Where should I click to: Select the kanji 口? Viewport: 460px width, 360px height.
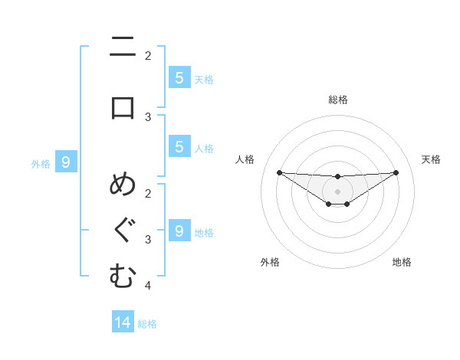tap(123, 107)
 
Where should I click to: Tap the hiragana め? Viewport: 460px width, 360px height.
tap(123, 186)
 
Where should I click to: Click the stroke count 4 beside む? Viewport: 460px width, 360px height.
tap(148, 286)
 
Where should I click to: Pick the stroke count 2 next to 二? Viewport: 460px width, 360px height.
tap(148, 55)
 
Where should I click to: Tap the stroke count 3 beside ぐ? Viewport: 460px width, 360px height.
tap(148, 240)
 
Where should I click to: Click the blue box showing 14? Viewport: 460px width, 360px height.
tap(123, 322)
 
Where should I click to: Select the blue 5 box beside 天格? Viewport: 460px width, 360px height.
tap(179, 77)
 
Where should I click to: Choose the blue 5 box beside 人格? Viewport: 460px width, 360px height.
tap(179, 148)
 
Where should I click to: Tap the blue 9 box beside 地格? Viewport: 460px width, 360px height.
tap(179, 231)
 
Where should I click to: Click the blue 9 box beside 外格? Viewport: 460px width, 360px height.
tap(66, 162)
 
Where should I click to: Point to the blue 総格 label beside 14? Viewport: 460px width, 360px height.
tap(147, 324)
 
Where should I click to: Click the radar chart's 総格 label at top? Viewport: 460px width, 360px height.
tap(337, 100)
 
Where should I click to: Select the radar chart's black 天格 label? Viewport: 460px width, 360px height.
tap(431, 159)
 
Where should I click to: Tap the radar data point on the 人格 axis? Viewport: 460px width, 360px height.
tap(279, 172)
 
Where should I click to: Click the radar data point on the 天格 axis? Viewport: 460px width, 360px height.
tap(396, 172)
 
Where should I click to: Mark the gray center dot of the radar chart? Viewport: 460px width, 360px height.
tap(337, 191)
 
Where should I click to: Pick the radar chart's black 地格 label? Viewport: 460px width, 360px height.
tap(402, 262)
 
